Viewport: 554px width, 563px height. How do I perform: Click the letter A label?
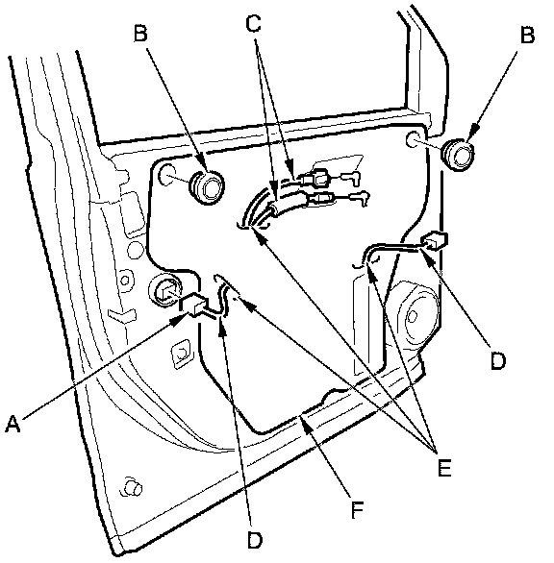(x=13, y=424)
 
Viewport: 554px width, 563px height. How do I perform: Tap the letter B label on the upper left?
(x=140, y=33)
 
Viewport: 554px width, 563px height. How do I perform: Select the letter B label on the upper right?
(x=527, y=36)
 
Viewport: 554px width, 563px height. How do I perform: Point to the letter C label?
(x=253, y=23)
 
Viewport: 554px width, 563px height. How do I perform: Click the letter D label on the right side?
(x=498, y=360)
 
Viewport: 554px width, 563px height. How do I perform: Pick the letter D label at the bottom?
(x=255, y=540)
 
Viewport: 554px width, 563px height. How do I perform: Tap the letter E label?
(x=444, y=468)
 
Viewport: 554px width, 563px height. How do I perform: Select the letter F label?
(x=357, y=510)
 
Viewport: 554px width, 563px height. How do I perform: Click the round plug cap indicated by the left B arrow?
(x=207, y=187)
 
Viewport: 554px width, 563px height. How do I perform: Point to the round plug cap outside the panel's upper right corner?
(x=457, y=155)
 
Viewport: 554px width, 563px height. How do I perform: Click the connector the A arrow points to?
(x=193, y=305)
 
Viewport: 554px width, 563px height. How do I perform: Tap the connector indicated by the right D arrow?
(x=435, y=240)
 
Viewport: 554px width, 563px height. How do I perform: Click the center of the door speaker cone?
(x=413, y=316)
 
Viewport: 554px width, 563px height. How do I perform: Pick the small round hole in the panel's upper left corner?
(x=166, y=175)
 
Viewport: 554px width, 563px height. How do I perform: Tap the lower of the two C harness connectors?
(x=320, y=198)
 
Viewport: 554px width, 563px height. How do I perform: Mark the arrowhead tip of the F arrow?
(x=300, y=418)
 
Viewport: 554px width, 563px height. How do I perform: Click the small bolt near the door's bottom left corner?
(x=132, y=488)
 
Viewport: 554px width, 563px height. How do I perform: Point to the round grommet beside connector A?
(x=165, y=289)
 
